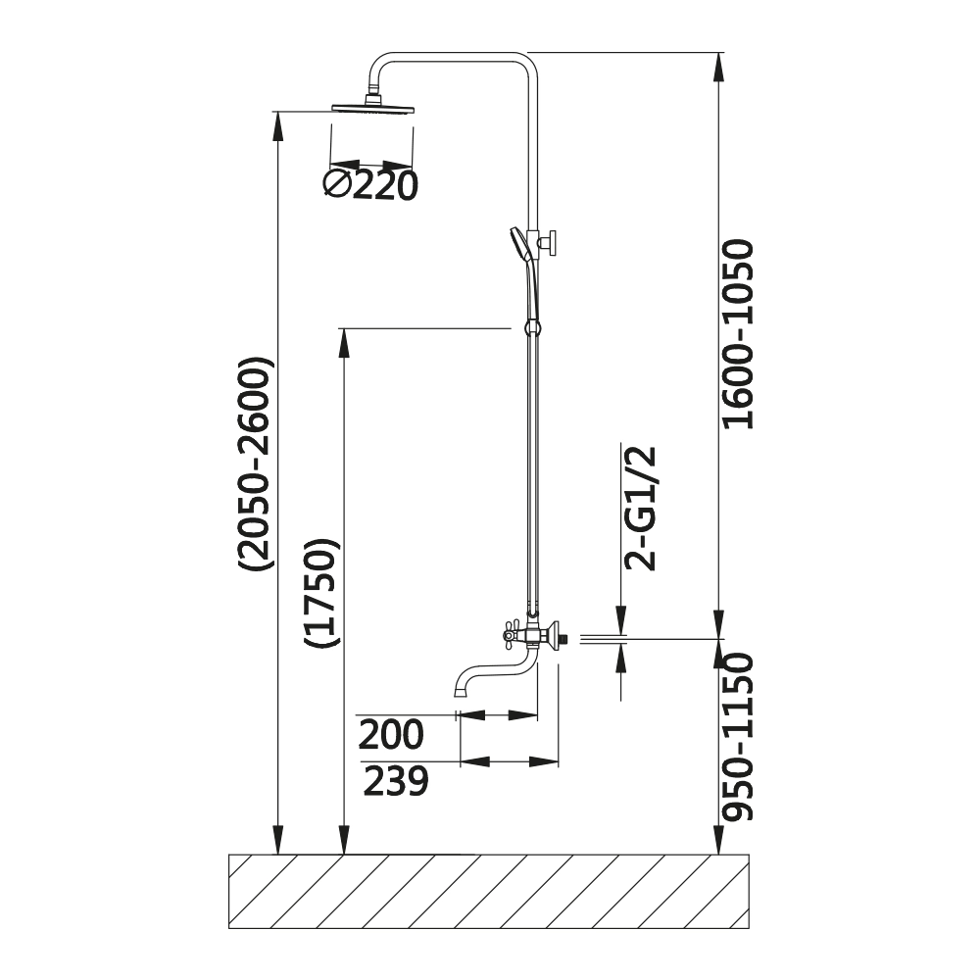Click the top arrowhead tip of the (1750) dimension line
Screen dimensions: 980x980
(343, 328)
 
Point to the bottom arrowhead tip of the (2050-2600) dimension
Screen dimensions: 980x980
(278, 854)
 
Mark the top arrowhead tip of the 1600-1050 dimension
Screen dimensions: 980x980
(718, 53)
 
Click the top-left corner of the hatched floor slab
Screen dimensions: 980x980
(229, 855)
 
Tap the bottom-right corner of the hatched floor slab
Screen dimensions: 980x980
(749, 928)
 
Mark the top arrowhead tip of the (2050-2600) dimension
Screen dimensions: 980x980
(278, 112)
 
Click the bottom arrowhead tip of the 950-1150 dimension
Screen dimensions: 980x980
(718, 854)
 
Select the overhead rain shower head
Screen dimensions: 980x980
(373, 108)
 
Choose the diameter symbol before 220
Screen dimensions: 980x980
(337, 184)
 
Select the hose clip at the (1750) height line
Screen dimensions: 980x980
(531, 328)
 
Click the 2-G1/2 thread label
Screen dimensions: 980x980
(640, 509)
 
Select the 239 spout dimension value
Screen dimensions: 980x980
(396, 781)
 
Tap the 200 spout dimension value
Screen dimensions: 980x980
(391, 735)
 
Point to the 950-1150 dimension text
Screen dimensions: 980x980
(738, 737)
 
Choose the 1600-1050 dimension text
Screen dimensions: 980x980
(738, 334)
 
